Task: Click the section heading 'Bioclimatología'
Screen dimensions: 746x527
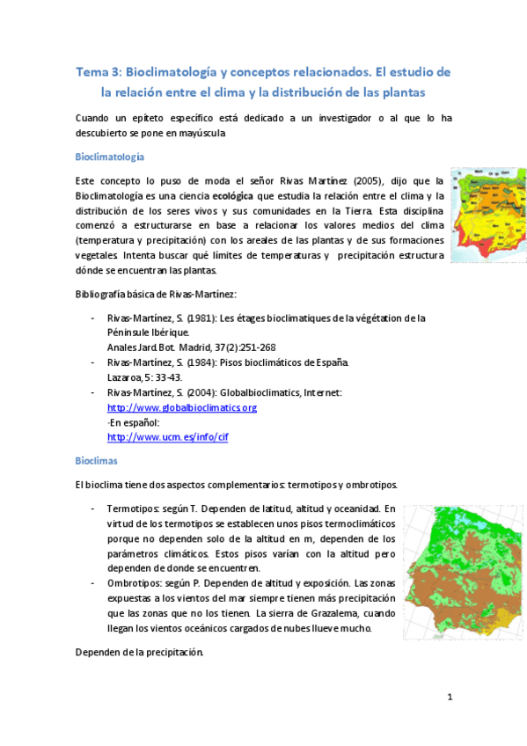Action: (110, 157)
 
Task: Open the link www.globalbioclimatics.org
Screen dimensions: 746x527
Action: (181, 407)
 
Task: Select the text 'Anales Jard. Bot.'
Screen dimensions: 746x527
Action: (141, 347)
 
